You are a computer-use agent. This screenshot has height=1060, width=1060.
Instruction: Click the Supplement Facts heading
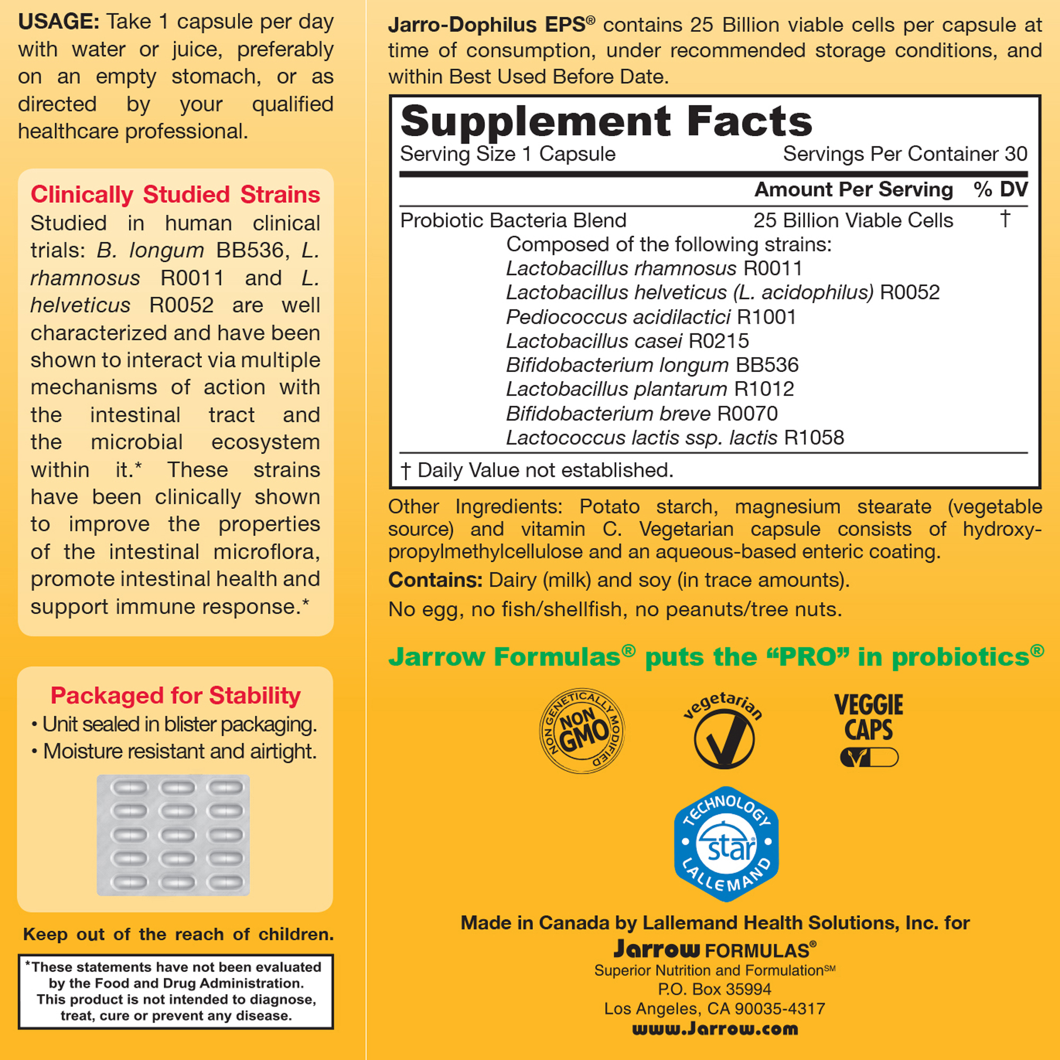(606, 121)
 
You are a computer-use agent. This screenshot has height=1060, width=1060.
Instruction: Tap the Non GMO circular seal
(582, 731)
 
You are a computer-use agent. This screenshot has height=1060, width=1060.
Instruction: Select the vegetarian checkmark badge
(723, 732)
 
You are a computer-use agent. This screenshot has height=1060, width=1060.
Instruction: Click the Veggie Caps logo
(869, 729)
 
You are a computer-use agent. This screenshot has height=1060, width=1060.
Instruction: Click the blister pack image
(173, 835)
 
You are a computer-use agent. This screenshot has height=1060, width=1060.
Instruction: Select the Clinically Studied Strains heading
(175, 195)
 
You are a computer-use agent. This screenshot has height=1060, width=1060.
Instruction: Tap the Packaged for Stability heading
(175, 696)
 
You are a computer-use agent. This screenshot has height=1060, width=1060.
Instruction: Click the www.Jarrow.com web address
(715, 1029)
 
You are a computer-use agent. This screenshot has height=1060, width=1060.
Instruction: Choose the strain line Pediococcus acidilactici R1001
(651, 317)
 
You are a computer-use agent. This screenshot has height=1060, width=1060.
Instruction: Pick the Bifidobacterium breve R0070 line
(641, 414)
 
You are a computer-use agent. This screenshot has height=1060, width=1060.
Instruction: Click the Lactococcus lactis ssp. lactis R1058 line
(674, 438)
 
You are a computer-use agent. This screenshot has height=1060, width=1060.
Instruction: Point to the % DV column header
(1000, 190)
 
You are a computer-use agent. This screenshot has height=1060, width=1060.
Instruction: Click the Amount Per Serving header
(853, 190)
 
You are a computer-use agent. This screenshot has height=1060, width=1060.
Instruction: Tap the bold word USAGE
(59, 22)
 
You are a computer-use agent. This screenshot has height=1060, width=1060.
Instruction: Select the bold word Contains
(435, 580)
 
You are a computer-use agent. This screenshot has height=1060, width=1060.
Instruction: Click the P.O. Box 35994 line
(714, 989)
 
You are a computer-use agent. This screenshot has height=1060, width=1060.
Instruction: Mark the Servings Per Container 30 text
(905, 154)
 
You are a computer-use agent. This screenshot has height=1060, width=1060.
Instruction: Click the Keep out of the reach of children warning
(178, 934)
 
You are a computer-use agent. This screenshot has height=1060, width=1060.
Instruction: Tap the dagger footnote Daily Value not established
(536, 470)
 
